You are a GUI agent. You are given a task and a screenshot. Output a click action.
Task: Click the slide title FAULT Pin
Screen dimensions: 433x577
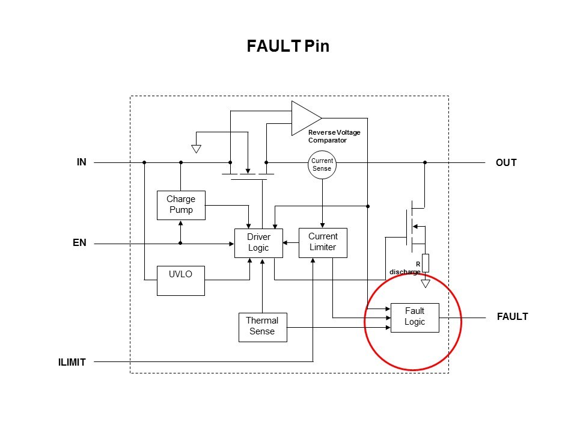click(x=288, y=46)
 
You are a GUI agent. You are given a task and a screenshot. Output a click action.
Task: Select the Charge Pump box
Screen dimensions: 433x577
click(x=181, y=205)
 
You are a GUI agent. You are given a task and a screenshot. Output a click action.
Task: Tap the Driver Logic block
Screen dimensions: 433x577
click(x=258, y=243)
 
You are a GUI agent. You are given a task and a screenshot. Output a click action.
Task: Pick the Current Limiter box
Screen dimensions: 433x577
click(x=323, y=242)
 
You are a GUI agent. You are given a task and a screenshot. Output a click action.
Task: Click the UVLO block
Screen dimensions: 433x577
click(x=181, y=280)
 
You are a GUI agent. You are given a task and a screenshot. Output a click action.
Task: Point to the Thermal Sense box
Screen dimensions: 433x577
click(x=262, y=327)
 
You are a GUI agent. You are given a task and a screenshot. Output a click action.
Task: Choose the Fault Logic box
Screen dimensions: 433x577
click(x=415, y=317)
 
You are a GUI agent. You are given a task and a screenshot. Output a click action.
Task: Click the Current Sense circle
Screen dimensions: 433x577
click(x=322, y=165)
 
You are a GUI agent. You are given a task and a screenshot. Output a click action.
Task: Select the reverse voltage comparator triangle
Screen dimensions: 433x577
click(x=304, y=117)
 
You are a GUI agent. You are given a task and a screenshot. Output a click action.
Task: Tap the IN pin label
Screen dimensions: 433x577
click(x=81, y=162)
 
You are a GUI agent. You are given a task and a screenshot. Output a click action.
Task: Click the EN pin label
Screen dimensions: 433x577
click(x=80, y=243)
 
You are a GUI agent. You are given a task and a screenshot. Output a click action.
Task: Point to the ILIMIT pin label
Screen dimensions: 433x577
click(x=72, y=362)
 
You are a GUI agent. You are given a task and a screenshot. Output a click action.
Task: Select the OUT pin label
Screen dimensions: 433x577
click(x=506, y=162)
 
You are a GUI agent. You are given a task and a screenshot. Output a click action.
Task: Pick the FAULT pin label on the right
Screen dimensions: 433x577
click(x=512, y=316)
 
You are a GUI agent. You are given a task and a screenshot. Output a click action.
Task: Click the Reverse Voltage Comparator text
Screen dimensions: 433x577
click(x=334, y=136)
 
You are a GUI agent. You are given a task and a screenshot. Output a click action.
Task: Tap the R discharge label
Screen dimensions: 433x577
click(x=406, y=268)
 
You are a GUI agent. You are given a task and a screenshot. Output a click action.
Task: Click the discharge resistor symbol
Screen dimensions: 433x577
click(x=426, y=263)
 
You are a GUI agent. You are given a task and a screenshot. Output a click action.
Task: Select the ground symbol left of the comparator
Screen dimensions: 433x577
click(x=195, y=148)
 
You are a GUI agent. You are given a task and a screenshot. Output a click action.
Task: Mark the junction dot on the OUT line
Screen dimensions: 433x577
click(x=425, y=162)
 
